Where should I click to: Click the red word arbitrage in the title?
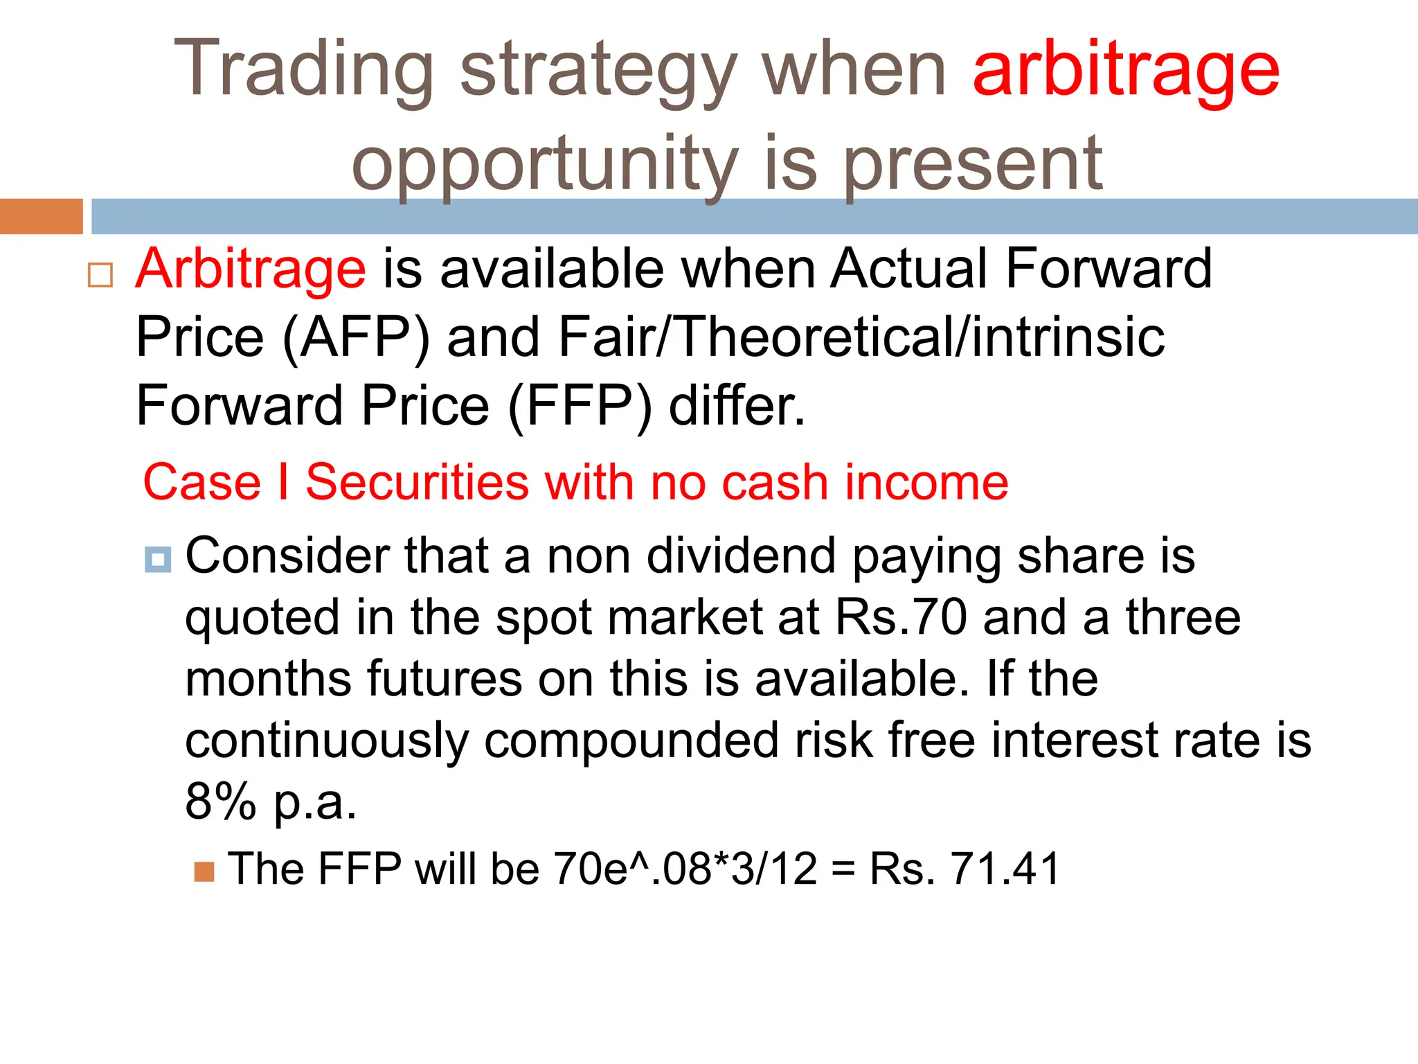tap(1126, 69)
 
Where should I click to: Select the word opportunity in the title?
tap(545, 165)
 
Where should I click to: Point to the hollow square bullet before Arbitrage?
tap(100, 275)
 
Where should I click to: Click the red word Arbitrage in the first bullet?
tap(250, 269)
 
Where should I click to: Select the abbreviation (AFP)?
tap(356, 337)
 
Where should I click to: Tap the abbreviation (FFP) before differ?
tap(580, 406)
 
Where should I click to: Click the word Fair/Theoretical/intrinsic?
tap(861, 337)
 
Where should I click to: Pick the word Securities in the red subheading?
tap(417, 482)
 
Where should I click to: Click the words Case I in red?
tap(215, 482)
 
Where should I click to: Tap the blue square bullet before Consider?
tap(158, 559)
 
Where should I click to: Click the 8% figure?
tap(220, 801)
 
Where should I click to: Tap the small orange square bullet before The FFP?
tap(204, 871)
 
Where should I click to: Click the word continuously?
tap(326, 741)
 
